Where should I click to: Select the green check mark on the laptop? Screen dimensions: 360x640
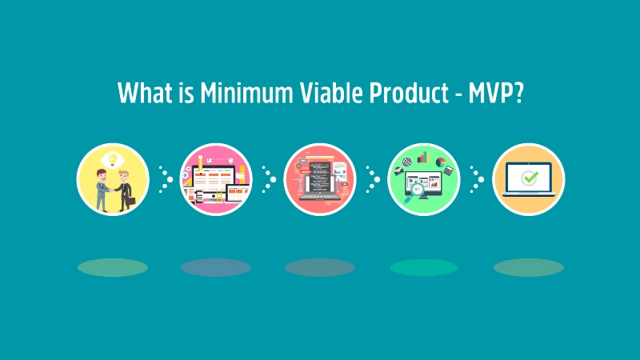528,178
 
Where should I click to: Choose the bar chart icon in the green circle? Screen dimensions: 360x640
423,155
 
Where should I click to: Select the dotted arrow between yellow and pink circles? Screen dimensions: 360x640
166,179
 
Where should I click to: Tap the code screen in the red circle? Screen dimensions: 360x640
319,177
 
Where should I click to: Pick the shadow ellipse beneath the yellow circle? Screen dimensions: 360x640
113,267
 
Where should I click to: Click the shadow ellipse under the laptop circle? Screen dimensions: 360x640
528,267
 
